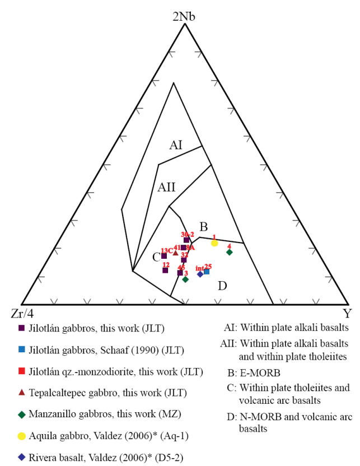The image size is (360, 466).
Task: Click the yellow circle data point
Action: tap(214, 243)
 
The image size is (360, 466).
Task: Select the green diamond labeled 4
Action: tap(230, 252)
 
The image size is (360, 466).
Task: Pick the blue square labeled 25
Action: tap(207, 272)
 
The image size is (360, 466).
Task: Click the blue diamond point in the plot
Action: tap(200, 274)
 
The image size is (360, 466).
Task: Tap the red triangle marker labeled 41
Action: tap(175, 253)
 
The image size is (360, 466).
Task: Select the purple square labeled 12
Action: tap(165, 270)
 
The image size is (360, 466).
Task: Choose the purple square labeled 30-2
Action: tap(186, 240)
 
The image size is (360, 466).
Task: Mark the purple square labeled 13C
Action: tap(164, 256)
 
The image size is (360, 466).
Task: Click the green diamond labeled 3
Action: tap(185, 279)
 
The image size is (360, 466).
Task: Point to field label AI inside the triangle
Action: tap(176, 146)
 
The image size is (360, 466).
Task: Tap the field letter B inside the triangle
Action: tap(204, 227)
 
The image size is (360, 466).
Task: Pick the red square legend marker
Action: tap(22, 371)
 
